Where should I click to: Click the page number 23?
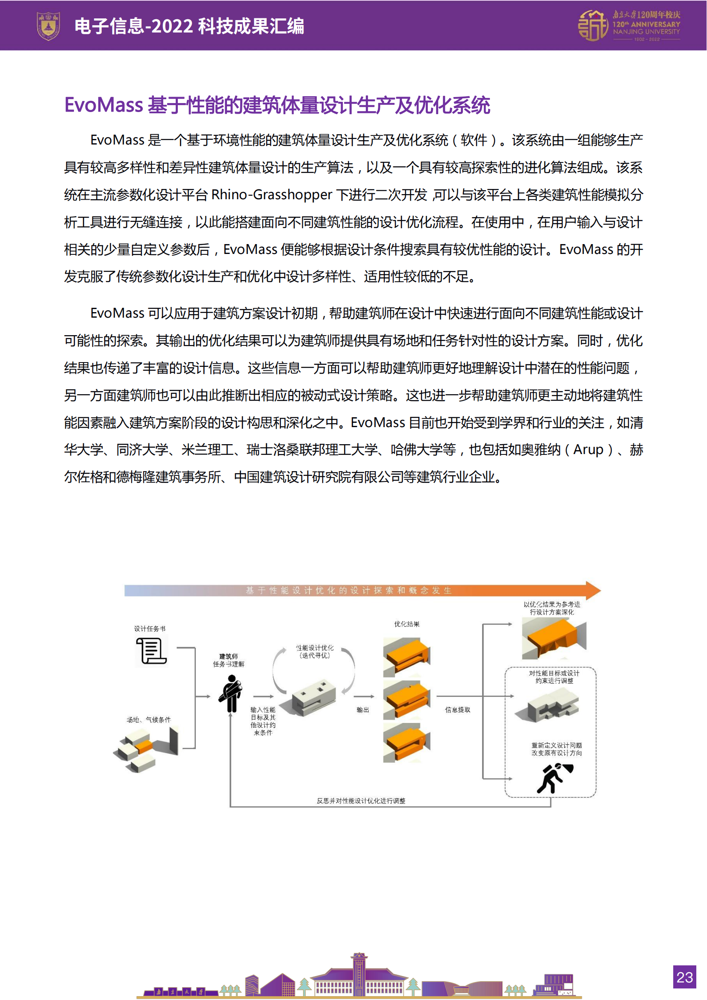[x=684, y=977]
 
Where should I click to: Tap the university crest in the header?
[x=48, y=26]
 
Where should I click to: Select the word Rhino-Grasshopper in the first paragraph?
[x=272, y=195]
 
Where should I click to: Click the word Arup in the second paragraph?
[x=588, y=449]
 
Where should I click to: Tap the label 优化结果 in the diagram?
[x=407, y=624]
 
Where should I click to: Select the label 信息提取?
[x=457, y=710]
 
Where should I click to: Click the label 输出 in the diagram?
[x=362, y=710]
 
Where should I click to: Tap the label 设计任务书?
[x=150, y=628]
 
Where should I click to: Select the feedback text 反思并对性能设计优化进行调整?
[x=361, y=800]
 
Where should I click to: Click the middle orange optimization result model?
[x=407, y=699]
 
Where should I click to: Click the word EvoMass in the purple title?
[x=103, y=106]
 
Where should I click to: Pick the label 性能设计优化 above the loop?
[x=315, y=648]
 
